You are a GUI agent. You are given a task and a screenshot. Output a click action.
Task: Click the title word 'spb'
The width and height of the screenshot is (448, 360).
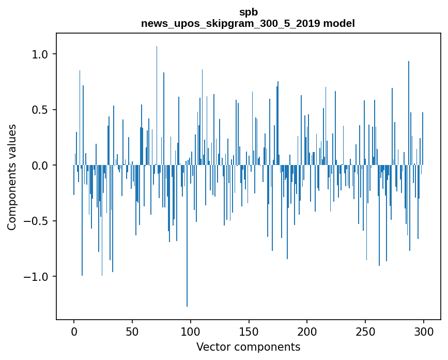point(248,12)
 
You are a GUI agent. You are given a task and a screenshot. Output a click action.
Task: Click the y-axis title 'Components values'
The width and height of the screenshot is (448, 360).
point(12,177)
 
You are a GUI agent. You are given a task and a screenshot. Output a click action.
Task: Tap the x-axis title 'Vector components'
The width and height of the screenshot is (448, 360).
point(248,347)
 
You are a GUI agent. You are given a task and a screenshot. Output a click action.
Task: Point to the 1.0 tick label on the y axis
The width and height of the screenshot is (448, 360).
point(40,54)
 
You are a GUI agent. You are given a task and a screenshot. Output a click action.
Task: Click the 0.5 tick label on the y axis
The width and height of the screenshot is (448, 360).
point(40,110)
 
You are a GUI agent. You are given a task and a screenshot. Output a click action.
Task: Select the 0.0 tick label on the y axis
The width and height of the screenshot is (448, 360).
point(40,166)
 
